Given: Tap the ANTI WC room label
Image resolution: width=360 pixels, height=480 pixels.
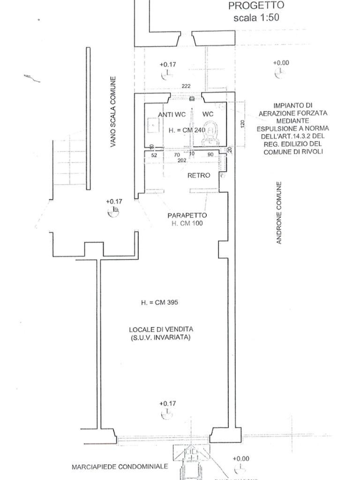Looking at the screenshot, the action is (x=172, y=114).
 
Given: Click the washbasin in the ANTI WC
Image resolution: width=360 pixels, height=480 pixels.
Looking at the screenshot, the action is (x=153, y=125).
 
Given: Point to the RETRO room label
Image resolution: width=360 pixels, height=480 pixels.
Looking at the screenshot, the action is (x=199, y=175).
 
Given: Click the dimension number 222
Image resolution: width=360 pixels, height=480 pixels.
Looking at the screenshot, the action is (x=186, y=86).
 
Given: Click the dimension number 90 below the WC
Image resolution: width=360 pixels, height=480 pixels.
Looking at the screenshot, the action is (x=210, y=154).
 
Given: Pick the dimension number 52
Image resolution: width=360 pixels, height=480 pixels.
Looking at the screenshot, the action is (x=154, y=154).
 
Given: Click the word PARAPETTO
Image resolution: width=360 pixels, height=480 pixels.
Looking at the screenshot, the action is (x=187, y=216).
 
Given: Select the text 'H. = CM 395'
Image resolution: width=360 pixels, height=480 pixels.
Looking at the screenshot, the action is (x=159, y=303).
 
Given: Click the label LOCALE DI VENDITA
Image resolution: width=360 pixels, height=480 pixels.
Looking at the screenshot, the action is (x=161, y=329).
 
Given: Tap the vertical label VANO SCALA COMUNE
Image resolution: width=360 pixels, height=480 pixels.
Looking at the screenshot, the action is (x=113, y=112).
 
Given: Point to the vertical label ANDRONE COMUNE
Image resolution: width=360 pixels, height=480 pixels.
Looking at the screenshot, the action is (x=279, y=213).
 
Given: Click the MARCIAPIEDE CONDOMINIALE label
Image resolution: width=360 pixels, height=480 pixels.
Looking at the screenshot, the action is (x=120, y=467).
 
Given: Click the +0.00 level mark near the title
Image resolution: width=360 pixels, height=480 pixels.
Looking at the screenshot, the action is (x=281, y=63).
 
